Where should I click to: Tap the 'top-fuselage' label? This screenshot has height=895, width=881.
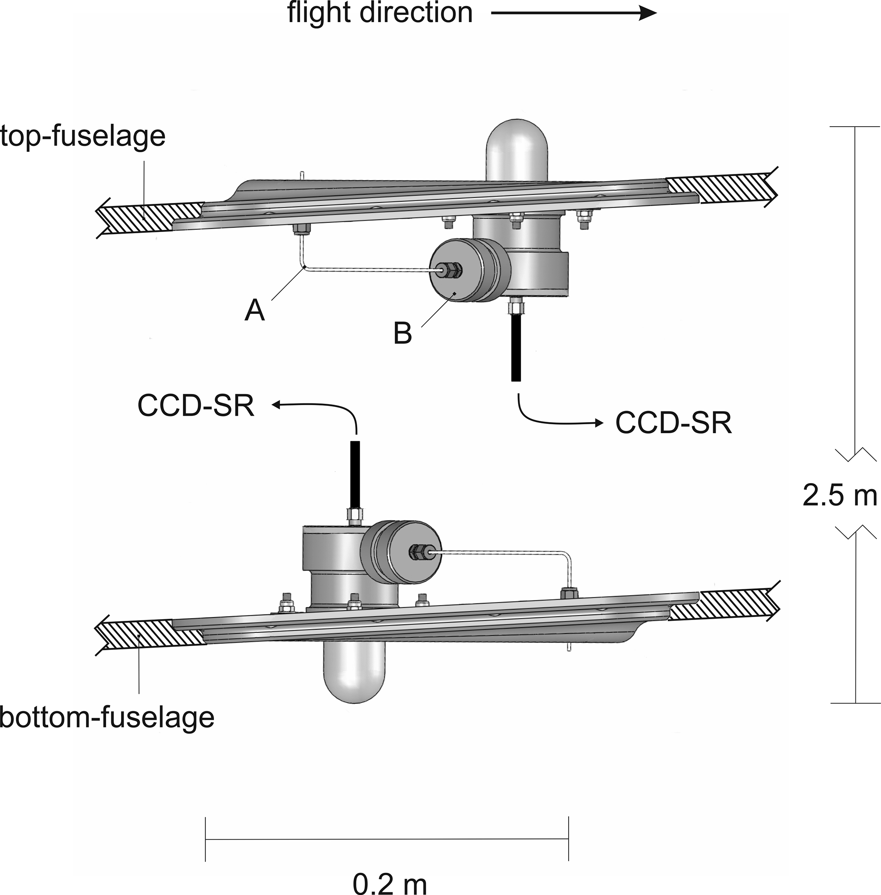(x=82, y=136)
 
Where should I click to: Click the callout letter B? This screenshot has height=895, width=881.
(x=402, y=333)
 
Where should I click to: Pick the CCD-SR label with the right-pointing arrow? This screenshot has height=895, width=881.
(x=674, y=423)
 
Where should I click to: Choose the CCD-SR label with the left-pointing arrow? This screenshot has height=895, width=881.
(x=196, y=406)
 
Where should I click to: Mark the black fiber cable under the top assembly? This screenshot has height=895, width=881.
(x=516, y=347)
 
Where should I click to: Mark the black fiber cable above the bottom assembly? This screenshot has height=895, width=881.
(x=355, y=475)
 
